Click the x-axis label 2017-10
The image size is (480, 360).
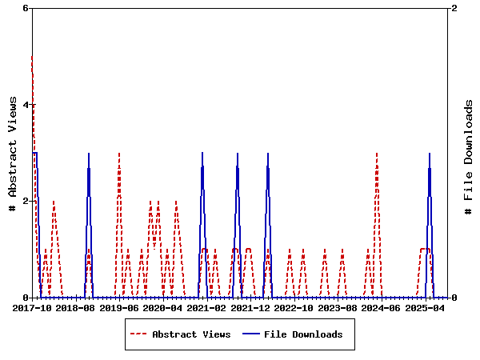pyautogui.click(x=32, y=307)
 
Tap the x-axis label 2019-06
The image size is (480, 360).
pyautogui.click(x=120, y=307)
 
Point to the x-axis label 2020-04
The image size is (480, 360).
pyautogui.click(x=164, y=307)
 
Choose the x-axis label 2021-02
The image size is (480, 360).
pyautogui.click(x=208, y=307)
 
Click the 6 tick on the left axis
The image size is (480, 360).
pyautogui.click(x=26, y=8)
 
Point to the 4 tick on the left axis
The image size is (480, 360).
pyautogui.click(x=26, y=105)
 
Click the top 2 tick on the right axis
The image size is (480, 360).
pyautogui.click(x=454, y=8)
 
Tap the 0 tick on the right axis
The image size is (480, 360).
pyautogui.click(x=454, y=298)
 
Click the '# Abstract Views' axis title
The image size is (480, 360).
pyautogui.click(x=13, y=153)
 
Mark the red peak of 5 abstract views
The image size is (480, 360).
pyautogui.click(x=32, y=56)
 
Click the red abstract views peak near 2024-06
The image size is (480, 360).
pyautogui.click(x=377, y=153)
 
